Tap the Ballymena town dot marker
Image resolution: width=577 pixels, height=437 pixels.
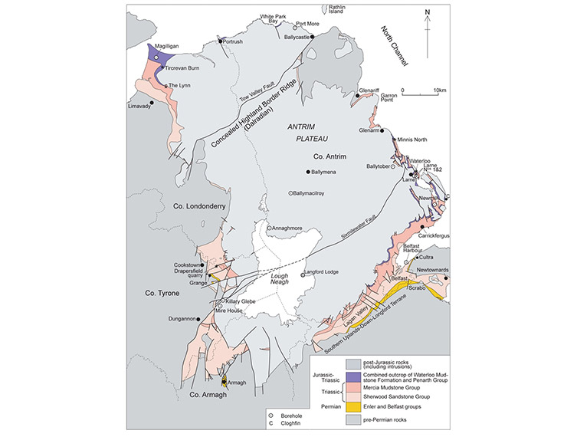(309, 172)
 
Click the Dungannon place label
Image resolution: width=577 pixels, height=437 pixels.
(167, 318)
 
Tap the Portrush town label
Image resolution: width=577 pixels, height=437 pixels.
(234, 41)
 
